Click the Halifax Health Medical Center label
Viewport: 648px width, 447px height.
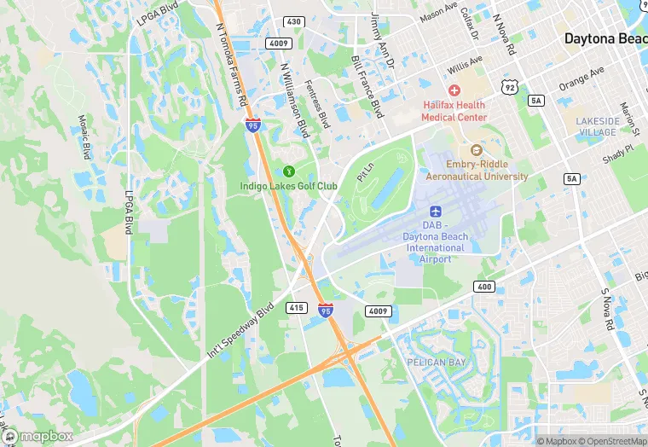click(x=455, y=111)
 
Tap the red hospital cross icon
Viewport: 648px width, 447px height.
click(x=454, y=90)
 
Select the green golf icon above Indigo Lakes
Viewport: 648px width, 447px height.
click(x=288, y=172)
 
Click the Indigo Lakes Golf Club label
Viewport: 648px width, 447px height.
click(x=288, y=186)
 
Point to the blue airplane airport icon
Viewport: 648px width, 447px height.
click(x=435, y=210)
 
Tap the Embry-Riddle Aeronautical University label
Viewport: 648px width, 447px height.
click(x=477, y=171)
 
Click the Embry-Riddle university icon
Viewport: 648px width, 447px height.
click(x=477, y=151)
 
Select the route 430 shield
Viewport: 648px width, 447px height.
click(x=293, y=20)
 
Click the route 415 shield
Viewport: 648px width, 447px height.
click(x=297, y=306)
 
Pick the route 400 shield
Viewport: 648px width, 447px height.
click(x=484, y=287)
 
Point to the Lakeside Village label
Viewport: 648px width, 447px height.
click(x=597, y=127)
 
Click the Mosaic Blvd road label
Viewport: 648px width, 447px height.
click(x=84, y=137)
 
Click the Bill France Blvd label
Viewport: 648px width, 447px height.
click(x=367, y=86)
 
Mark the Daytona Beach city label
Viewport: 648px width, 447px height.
click(x=605, y=39)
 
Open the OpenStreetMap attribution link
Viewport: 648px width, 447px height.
click(x=613, y=441)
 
